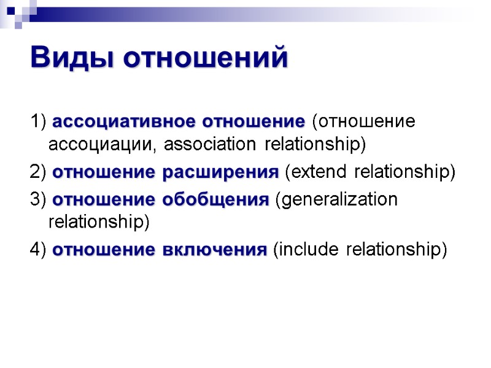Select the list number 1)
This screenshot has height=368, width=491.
point(39,121)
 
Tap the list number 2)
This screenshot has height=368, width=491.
point(39,172)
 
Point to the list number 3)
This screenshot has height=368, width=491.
point(39,199)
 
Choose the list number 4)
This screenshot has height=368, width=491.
point(39,250)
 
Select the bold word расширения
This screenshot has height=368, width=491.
point(221,172)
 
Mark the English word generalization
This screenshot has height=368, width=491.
point(339,199)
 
